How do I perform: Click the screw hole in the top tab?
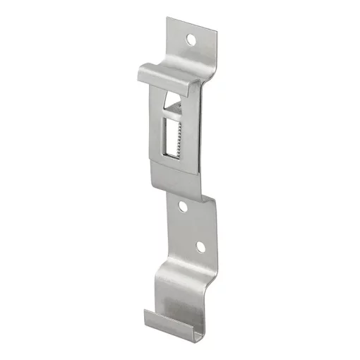click(x=191, y=40)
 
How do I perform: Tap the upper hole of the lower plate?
click(x=183, y=208)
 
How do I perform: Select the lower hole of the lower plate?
click(x=200, y=247)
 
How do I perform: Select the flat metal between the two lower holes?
click(x=191, y=227)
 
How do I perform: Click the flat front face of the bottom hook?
click(x=180, y=296)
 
